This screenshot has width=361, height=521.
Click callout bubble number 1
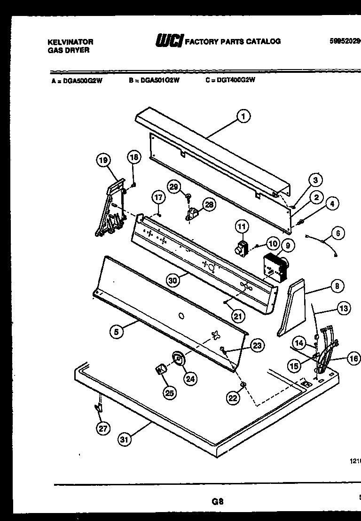click(x=243, y=116)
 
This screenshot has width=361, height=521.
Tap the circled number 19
click(x=102, y=161)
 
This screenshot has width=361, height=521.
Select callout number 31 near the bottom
click(x=125, y=440)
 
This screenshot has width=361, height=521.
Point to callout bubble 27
click(x=102, y=428)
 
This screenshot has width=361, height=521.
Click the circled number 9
click(x=287, y=244)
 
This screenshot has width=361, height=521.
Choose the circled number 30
click(x=173, y=280)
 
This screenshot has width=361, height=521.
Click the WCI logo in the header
click(x=169, y=41)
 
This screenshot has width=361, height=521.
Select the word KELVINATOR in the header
click(x=71, y=42)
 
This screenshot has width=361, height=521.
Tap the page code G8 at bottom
click(x=217, y=501)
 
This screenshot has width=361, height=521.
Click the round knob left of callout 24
click(x=178, y=359)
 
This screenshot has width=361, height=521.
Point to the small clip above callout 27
click(x=99, y=407)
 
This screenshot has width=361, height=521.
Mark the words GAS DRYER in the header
click(x=69, y=50)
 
